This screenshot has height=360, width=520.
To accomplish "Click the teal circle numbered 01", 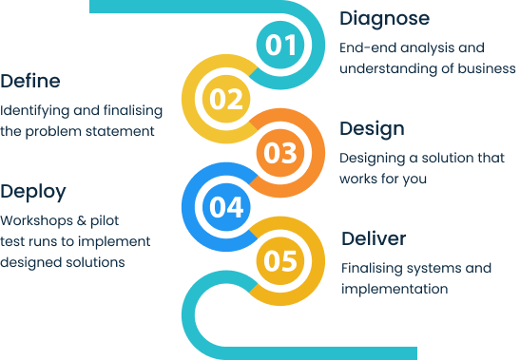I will coord(280,45).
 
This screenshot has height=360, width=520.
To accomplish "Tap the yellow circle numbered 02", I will coord(227,98).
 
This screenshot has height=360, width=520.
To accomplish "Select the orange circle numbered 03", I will coord(280,152).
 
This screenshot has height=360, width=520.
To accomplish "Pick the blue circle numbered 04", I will coord(227,205).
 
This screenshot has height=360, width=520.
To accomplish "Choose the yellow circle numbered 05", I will coord(280,259).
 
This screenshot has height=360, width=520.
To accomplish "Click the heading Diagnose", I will coord(384,18).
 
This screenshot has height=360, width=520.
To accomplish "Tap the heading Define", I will coord(31,80).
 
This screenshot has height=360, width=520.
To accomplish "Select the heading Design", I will coord(372,128).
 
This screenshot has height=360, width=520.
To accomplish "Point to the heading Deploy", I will coord(33,191).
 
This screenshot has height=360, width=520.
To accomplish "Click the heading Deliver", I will coord(374,237).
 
